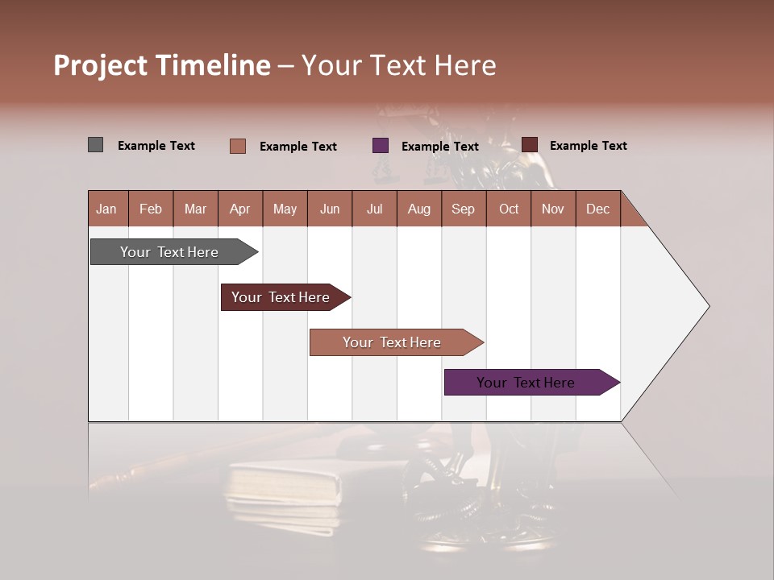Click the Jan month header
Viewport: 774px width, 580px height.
coord(107,209)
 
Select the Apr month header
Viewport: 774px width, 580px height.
coord(240,209)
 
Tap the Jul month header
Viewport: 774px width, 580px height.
coord(374,209)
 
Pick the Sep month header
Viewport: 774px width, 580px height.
coord(463,209)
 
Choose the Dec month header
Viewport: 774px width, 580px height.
coord(597,209)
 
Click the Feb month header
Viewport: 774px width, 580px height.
coord(151,209)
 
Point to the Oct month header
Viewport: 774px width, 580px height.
coord(509,209)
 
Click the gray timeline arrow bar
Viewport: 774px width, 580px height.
coord(169,252)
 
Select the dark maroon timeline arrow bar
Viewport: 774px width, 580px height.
coord(281,297)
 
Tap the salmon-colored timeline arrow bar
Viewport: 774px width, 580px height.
coord(392,342)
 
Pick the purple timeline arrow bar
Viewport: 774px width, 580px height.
coord(526,383)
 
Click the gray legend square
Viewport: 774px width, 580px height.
coord(95,145)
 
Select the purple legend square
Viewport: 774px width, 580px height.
coord(381,146)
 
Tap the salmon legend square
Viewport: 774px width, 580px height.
coord(238,146)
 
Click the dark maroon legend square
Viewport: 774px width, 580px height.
coord(530,145)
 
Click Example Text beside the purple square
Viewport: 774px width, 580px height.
coord(439,147)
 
